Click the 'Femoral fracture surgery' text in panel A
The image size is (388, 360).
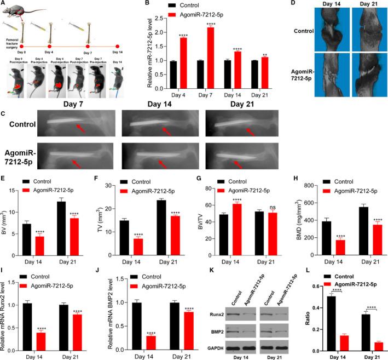click(11, 57)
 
